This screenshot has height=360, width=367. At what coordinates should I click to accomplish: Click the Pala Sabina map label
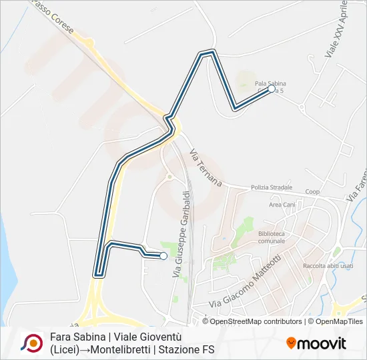point(268,83)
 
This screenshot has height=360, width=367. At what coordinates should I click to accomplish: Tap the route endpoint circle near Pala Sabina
point(272,89)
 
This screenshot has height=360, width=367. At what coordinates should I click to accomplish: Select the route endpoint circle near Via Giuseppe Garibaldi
point(163,256)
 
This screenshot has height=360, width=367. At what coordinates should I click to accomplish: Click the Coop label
point(312,191)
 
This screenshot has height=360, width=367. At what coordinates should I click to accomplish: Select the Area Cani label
point(282,205)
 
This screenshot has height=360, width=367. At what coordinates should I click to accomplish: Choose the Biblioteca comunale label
point(271,238)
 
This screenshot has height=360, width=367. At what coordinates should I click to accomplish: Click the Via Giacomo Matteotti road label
point(252,281)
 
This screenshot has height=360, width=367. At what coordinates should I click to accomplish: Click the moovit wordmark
point(322,344)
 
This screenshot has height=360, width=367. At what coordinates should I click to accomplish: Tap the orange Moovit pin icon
point(291,343)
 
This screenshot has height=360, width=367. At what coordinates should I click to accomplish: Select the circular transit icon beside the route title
point(32,343)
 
